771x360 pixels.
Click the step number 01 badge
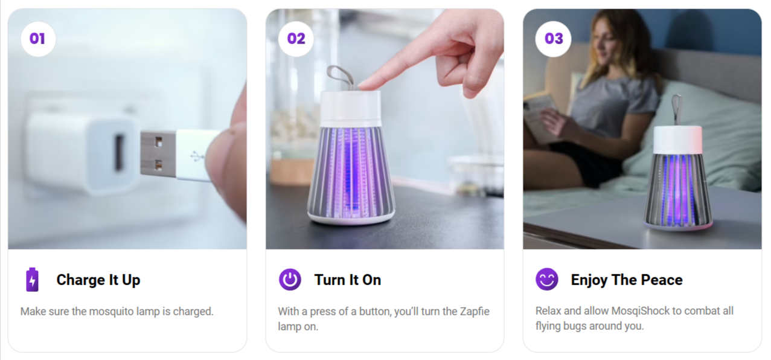click(38, 39)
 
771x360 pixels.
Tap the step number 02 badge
click(296, 39)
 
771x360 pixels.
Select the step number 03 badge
click(554, 39)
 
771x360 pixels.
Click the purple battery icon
click(33, 280)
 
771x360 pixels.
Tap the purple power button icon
click(290, 280)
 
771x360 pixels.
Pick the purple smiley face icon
click(547, 279)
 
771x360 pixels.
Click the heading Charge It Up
click(98, 280)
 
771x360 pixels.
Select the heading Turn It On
click(348, 280)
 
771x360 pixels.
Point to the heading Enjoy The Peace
click(627, 280)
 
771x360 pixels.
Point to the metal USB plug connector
click(158, 153)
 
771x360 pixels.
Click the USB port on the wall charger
click(119, 153)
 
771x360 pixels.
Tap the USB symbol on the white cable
click(197, 156)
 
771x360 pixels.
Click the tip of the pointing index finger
click(362, 85)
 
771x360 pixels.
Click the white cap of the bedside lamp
click(678, 140)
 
